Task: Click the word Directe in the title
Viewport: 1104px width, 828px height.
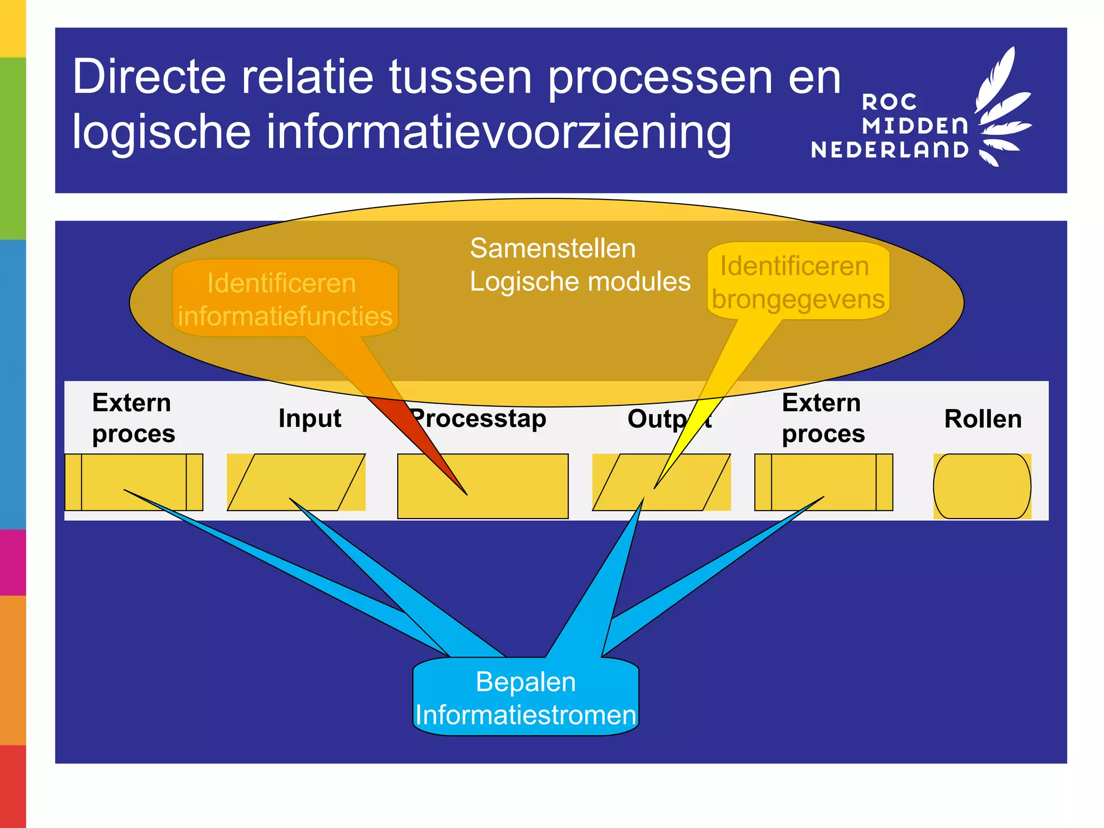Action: [x=149, y=77]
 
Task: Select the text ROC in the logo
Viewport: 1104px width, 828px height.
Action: [x=889, y=102]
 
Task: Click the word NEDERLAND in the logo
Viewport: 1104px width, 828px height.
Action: [x=889, y=150]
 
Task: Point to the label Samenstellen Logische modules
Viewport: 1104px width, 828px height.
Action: [x=579, y=265]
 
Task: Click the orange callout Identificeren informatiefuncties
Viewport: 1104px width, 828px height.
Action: [x=285, y=299]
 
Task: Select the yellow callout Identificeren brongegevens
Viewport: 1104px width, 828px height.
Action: [x=798, y=282]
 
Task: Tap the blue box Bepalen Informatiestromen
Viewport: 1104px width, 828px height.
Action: [x=526, y=698]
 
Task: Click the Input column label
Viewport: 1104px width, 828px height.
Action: [x=309, y=418]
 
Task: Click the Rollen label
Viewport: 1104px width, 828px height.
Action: [x=982, y=419]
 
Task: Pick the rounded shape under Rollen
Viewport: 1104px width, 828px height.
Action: [x=982, y=486]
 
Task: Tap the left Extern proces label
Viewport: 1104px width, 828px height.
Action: [x=133, y=418]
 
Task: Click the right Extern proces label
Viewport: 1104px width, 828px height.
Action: [x=823, y=418]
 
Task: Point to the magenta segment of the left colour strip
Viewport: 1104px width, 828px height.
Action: [x=12, y=562]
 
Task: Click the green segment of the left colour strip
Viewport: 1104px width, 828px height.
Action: [x=12, y=148]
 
